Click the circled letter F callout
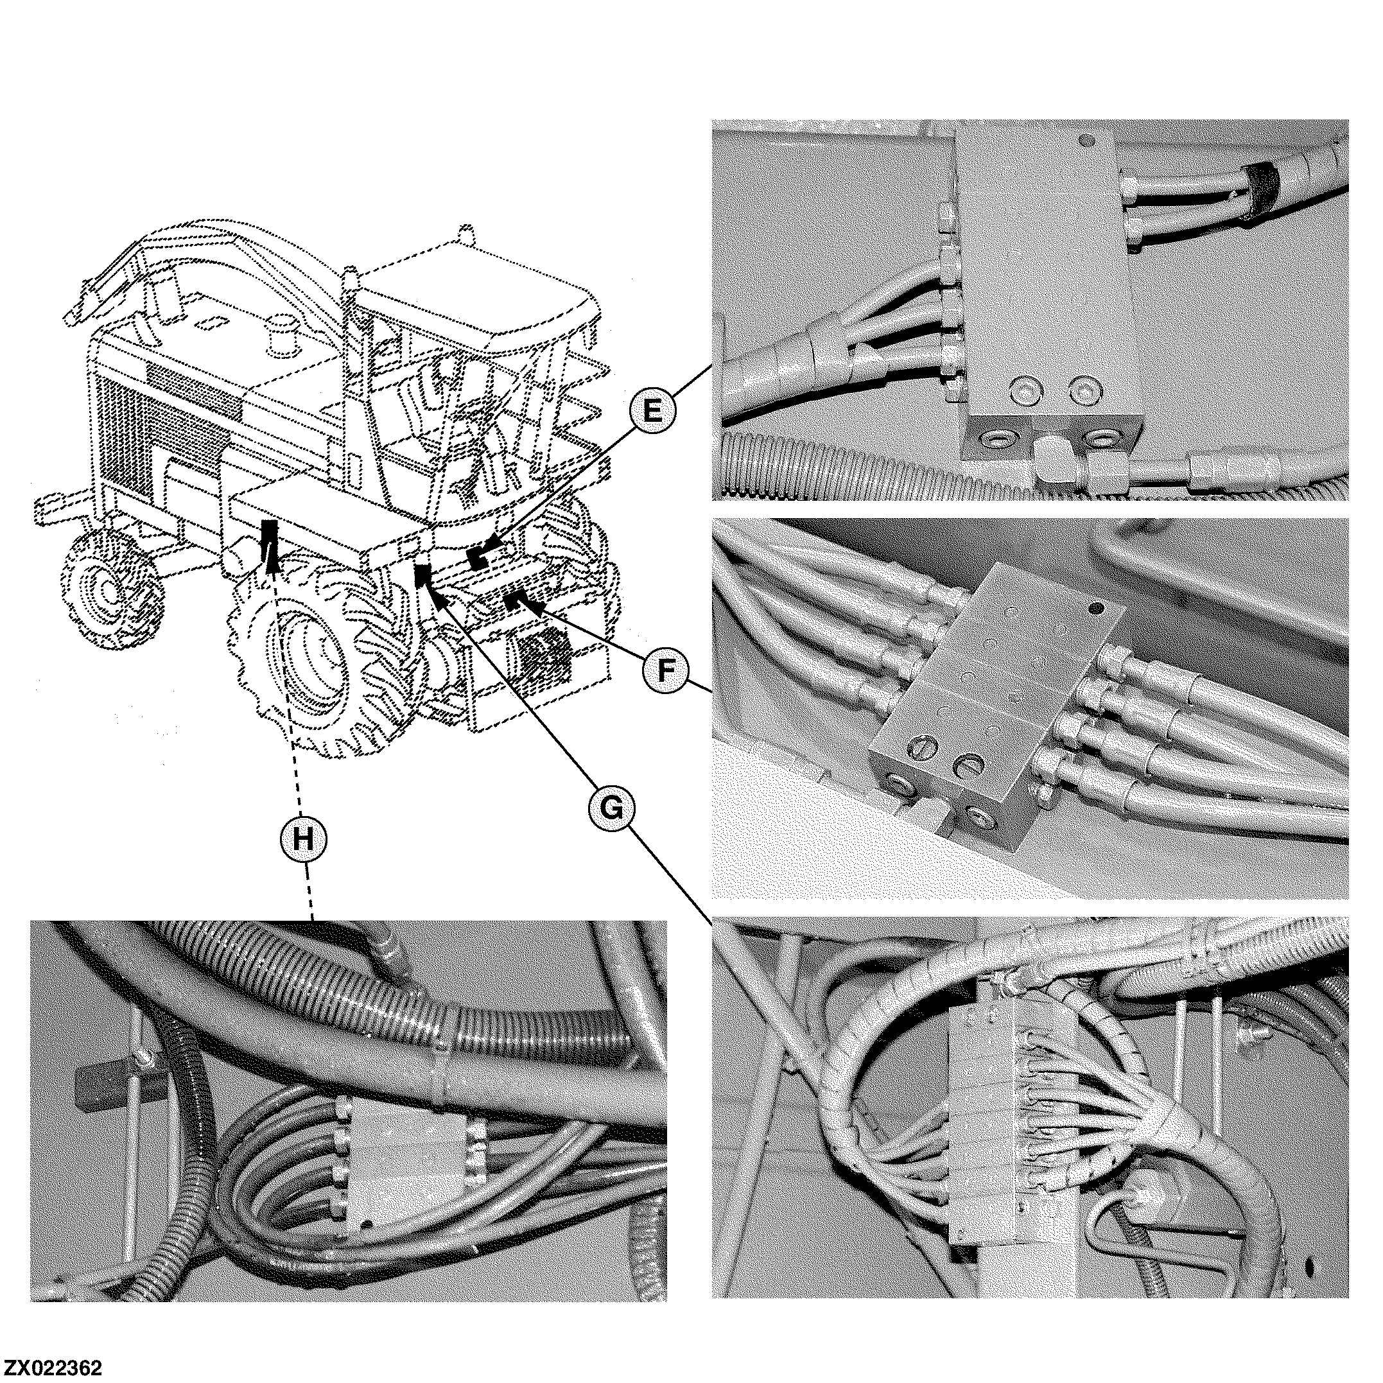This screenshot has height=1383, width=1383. tap(666, 672)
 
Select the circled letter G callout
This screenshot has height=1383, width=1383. tap(610, 808)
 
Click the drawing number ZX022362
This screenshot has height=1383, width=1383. tap(52, 1369)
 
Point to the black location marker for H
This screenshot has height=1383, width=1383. tap(269, 535)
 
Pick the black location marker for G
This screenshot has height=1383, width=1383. tap(422, 575)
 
